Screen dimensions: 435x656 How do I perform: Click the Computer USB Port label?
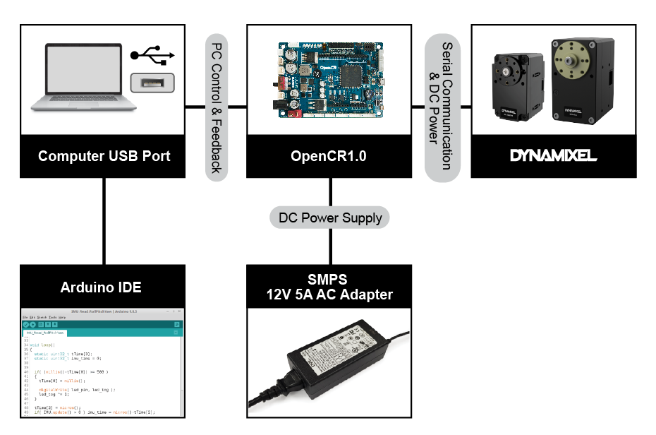104,156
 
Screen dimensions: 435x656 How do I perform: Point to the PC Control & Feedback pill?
217,103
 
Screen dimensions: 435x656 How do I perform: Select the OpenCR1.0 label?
329,156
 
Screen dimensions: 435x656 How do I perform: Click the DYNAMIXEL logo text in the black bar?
554,156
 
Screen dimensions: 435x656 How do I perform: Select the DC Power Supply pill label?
330,218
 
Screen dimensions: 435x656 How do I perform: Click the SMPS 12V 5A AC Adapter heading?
329,286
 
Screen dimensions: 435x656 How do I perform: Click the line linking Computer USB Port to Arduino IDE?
104,220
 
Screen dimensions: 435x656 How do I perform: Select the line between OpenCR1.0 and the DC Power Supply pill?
330,192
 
